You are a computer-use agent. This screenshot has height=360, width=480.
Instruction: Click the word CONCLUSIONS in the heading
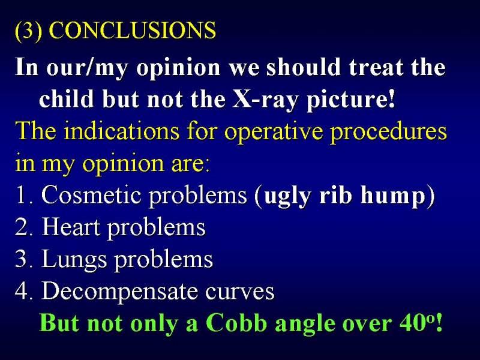132,30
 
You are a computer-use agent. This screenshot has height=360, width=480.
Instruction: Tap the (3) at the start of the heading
28,31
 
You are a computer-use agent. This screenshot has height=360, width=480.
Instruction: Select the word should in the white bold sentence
304,67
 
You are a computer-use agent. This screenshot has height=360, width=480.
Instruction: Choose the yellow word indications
121,131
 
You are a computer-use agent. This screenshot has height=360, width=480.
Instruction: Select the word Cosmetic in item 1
91,194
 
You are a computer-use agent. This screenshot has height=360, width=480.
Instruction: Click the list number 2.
23,227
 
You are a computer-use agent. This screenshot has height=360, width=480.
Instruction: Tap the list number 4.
23,291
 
